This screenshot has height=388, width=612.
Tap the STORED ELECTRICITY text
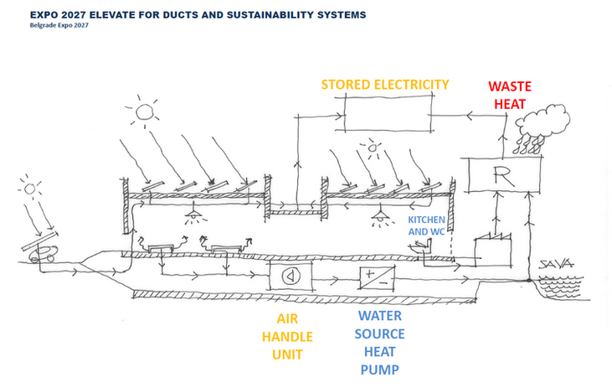[385, 85]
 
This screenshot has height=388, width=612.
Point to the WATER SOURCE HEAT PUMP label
[380, 343]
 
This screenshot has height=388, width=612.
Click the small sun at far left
[32, 189]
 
